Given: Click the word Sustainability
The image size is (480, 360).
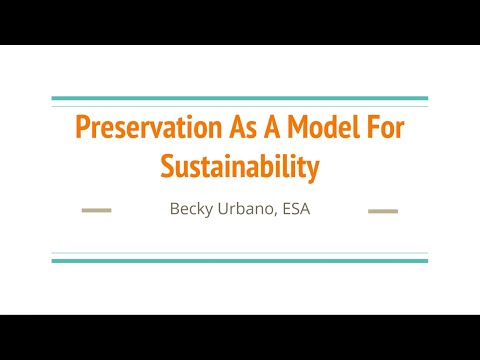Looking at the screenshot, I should pyautogui.click(x=240, y=167).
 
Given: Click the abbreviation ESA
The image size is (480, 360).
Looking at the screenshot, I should pyautogui.click(x=293, y=210).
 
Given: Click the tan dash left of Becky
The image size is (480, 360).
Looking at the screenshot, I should pyautogui.click(x=96, y=211).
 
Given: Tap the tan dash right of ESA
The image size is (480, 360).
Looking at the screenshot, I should pyautogui.click(x=383, y=211).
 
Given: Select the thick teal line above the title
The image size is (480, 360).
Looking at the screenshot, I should pyautogui.click(x=240, y=98).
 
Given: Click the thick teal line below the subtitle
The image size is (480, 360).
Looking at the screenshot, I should pyautogui.click(x=240, y=261).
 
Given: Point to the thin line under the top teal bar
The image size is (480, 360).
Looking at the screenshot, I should pyautogui.click(x=240, y=106).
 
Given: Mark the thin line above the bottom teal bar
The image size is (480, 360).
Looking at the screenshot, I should pyautogui.click(x=240, y=252).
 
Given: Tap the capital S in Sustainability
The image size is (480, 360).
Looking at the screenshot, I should pyautogui.click(x=167, y=167).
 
